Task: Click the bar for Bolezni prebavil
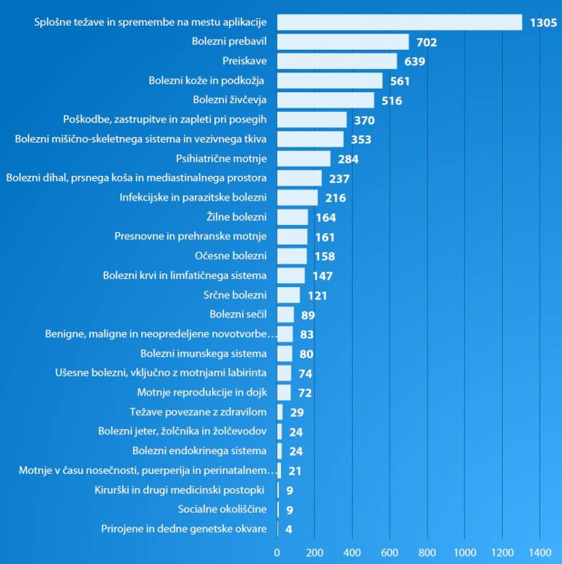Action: coord(342,42)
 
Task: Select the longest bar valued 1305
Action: coord(400,22)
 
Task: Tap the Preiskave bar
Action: coord(337,62)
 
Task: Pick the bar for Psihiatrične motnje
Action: coord(304,158)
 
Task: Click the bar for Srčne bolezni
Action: coord(288,295)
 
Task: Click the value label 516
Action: coord(391,100)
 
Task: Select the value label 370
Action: coord(364,120)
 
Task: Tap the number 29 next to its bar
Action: coord(296,412)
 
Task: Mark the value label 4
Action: coord(289,529)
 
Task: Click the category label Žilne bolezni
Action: coord(237,217)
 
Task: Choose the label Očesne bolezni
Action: coord(231,256)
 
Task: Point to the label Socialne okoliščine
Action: coord(222,509)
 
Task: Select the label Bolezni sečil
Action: coord(238,314)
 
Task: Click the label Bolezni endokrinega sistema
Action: coord(199,450)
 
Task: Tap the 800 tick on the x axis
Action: coord(427,552)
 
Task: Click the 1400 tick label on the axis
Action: coord(539,552)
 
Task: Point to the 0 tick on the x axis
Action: coord(277,552)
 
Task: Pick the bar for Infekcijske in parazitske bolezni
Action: coord(297,198)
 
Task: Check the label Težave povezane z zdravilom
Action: coord(198,412)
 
